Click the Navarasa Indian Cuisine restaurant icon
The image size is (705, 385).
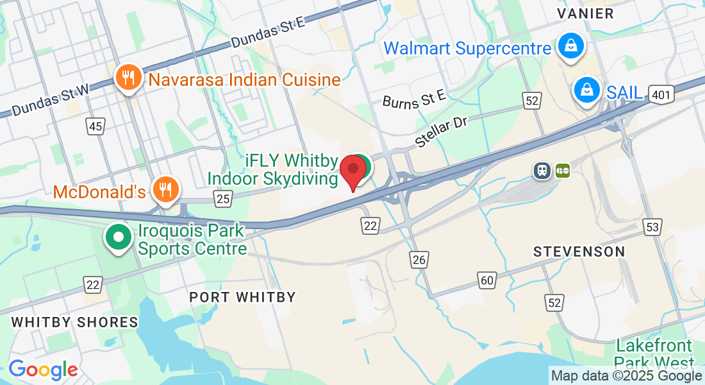129,78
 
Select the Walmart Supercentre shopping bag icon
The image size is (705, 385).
569,46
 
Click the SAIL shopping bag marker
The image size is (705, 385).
586,90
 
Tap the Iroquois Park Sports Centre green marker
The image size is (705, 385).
119,237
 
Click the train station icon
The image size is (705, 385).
542,170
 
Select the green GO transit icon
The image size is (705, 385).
563,170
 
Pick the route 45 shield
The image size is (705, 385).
95,126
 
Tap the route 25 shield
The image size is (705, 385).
222,199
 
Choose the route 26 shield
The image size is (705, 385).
419,259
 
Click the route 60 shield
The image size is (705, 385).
486,279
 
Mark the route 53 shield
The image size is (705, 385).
653,226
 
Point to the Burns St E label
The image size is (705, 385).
413,99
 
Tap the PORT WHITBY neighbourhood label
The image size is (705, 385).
243,297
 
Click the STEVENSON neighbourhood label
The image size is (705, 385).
579,252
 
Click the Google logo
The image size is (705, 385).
43,370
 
